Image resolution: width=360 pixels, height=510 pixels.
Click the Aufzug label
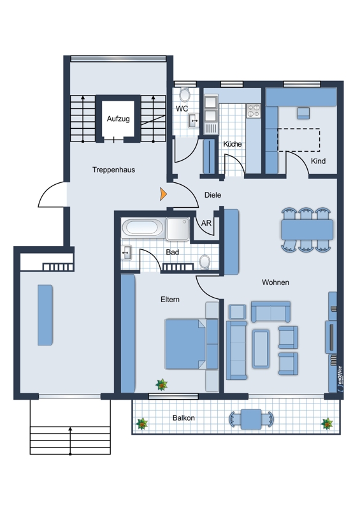[119, 119]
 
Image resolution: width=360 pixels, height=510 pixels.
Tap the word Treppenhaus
[113, 170]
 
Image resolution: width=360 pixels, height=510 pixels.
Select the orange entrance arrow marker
[163, 194]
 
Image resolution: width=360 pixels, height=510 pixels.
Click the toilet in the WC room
[185, 95]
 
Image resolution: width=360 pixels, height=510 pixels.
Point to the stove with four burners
[254, 110]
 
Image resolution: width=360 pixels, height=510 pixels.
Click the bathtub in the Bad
[143, 227]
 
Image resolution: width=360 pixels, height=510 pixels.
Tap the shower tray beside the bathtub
[178, 229]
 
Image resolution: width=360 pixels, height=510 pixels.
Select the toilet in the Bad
[205, 261]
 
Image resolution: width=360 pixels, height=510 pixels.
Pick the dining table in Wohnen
[307, 229]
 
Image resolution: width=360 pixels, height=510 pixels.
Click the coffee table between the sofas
[261, 349]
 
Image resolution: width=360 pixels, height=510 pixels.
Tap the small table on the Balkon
[251, 419]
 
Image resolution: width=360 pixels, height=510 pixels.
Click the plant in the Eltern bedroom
[162, 385]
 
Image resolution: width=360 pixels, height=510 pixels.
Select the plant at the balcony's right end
[327, 424]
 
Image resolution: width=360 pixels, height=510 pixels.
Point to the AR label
[206, 223]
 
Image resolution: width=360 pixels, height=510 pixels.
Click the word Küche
[232, 144]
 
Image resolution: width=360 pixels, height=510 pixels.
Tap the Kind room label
[318, 161]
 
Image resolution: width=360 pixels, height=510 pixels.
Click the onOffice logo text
[340, 377]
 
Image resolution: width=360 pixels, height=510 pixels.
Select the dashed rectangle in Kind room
[299, 140]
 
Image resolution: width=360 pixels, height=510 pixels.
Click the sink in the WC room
[194, 120]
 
